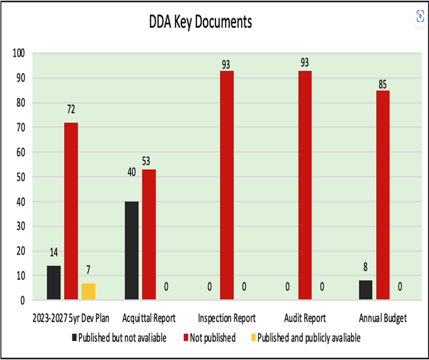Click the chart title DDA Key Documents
click(200, 22)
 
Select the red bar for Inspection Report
click(226, 186)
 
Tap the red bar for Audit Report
click(304, 186)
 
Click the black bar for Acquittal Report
click(132, 250)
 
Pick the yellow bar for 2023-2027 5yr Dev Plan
click(88, 291)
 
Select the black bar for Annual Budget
click(365, 290)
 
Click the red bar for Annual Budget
click(382, 195)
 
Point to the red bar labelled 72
click(71, 211)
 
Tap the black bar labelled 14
click(54, 283)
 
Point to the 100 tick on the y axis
click(18, 53)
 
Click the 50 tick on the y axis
click(20, 177)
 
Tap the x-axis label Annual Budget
click(382, 318)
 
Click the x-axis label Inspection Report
click(226, 318)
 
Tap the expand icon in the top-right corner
click(420, 16)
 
